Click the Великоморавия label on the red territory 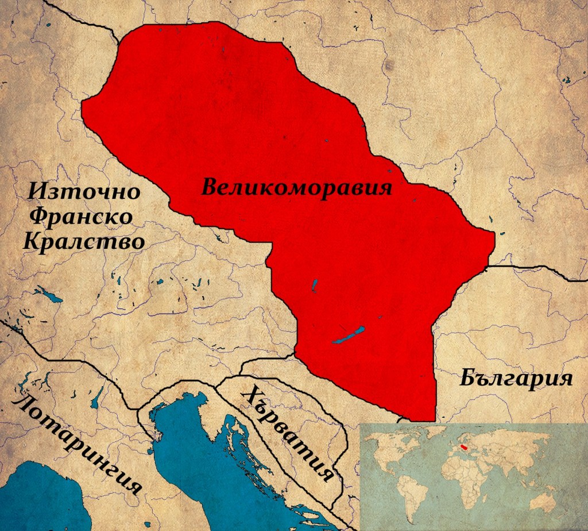(296, 187)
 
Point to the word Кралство (84, 241)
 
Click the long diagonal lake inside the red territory (349, 335)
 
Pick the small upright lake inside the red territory (314, 284)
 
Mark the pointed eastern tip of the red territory (493, 234)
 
